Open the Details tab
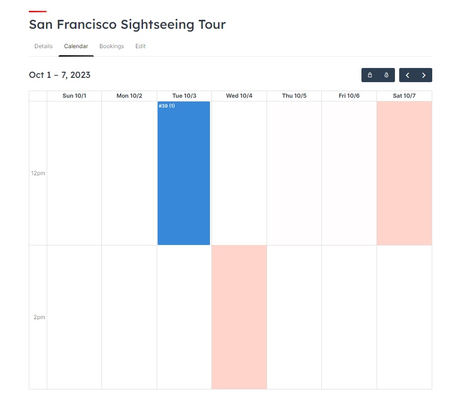point(43,46)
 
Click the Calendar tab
point(76,46)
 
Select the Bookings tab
point(111,46)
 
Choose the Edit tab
point(141,46)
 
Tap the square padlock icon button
point(370,75)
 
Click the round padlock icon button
point(386,75)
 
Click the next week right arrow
point(424,75)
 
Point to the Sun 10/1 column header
point(75,96)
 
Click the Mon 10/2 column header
point(129,96)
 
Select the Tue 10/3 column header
point(184,96)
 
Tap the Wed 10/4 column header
point(239,96)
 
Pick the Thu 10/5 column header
point(294,96)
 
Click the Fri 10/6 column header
point(349,96)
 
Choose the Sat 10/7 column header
point(404,96)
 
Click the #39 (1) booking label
point(167,106)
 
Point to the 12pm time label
point(38,173)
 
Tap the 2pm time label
point(39,317)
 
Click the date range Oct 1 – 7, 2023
point(59,75)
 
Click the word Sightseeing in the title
point(155,25)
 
